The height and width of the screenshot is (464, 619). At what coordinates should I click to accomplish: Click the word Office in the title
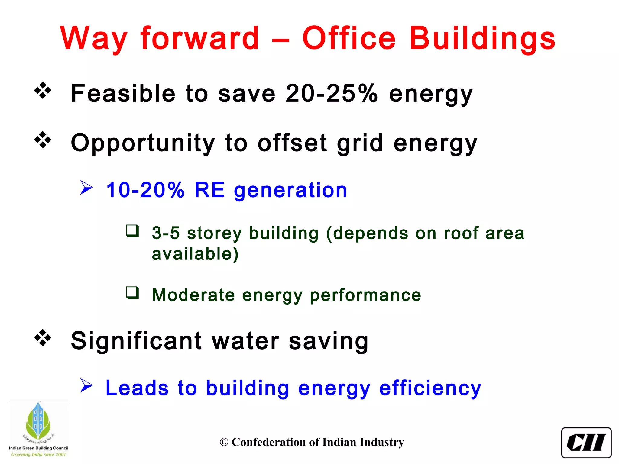(349, 38)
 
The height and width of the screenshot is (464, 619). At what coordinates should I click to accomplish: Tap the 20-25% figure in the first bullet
(331, 93)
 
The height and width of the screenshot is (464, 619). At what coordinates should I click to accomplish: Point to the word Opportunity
(143, 143)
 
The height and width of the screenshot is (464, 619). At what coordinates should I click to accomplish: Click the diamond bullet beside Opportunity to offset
(43, 140)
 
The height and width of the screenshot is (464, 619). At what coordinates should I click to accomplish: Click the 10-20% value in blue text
(145, 190)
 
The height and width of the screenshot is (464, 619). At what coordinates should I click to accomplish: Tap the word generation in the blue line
(290, 191)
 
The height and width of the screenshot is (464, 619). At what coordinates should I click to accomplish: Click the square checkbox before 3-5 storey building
(132, 231)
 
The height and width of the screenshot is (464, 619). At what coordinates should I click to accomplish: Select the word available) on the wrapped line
(195, 254)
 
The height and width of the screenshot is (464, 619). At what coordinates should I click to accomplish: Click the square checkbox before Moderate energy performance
(132, 293)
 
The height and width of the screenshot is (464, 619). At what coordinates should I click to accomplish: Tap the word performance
(365, 295)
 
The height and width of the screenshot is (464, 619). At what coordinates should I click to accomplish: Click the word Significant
(136, 341)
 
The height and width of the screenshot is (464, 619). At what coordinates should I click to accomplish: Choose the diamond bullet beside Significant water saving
(43, 338)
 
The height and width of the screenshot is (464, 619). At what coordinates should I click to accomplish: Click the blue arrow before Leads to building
(86, 386)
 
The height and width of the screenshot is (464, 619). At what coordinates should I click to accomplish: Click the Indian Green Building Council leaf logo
(38, 423)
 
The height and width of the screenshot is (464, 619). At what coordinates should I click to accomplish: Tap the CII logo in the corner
(586, 442)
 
